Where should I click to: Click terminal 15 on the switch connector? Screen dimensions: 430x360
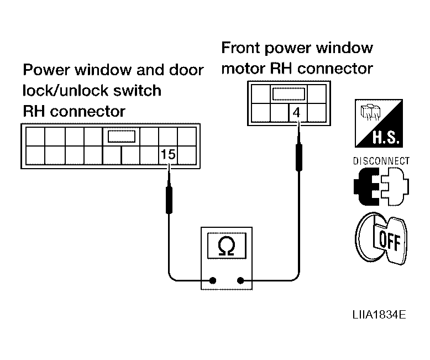[168, 154]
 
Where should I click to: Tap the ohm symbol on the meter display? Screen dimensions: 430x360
[227, 246]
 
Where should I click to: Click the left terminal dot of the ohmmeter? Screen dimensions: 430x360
[213, 280]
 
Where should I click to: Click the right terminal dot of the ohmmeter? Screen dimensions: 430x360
[240, 280]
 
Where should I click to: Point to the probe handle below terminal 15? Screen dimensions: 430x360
[169, 200]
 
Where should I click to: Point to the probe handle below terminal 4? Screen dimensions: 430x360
[299, 158]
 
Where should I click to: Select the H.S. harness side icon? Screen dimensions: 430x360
[379, 123]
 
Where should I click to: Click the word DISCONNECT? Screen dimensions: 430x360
[381, 161]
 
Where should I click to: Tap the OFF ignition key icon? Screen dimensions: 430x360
[382, 238]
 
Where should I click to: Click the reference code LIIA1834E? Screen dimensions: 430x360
[379, 315]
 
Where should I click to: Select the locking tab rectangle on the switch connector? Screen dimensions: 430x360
[122, 137]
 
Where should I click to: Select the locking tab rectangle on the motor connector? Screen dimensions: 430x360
[289, 94]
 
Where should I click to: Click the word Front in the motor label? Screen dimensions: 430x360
[240, 48]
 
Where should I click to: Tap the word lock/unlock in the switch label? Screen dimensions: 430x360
[66, 91]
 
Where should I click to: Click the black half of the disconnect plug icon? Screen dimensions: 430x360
[366, 186]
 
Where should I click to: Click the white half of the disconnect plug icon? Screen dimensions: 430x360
[395, 186]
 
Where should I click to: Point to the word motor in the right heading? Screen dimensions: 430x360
[243, 69]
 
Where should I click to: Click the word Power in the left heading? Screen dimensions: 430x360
[46, 70]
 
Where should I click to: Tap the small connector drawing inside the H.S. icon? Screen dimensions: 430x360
[370, 112]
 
